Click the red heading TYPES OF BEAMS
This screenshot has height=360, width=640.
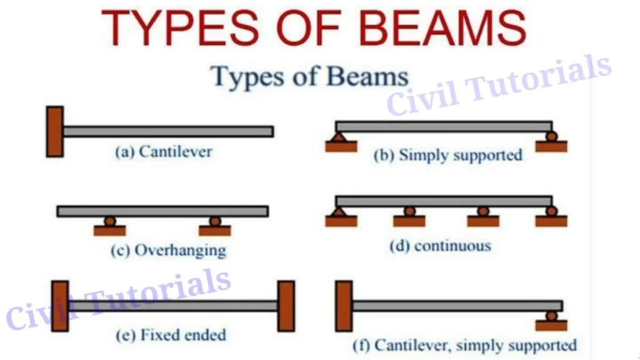click(x=314, y=28)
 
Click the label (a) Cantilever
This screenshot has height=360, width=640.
click(x=163, y=151)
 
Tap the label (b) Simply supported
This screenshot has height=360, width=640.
click(x=447, y=155)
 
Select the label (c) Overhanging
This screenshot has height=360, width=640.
click(x=167, y=250)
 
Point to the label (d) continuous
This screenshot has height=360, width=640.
click(x=440, y=246)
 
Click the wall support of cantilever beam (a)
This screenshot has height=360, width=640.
click(x=54, y=131)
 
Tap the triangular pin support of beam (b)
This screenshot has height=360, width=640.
click(x=341, y=137)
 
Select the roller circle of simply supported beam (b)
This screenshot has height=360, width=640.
click(x=551, y=136)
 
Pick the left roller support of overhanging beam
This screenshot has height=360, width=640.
click(x=110, y=221)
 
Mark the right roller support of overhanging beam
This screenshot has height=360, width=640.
click(x=215, y=221)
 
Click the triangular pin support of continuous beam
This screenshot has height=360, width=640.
click(x=341, y=212)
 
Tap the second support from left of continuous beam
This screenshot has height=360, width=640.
click(x=409, y=212)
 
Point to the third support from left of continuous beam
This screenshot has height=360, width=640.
click(x=482, y=212)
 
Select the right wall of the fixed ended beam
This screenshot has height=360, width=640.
click(x=286, y=306)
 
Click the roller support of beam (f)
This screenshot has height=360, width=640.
click(x=551, y=316)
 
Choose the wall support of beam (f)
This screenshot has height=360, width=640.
click(x=344, y=306)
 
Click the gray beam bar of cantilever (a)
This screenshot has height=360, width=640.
click(x=167, y=131)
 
